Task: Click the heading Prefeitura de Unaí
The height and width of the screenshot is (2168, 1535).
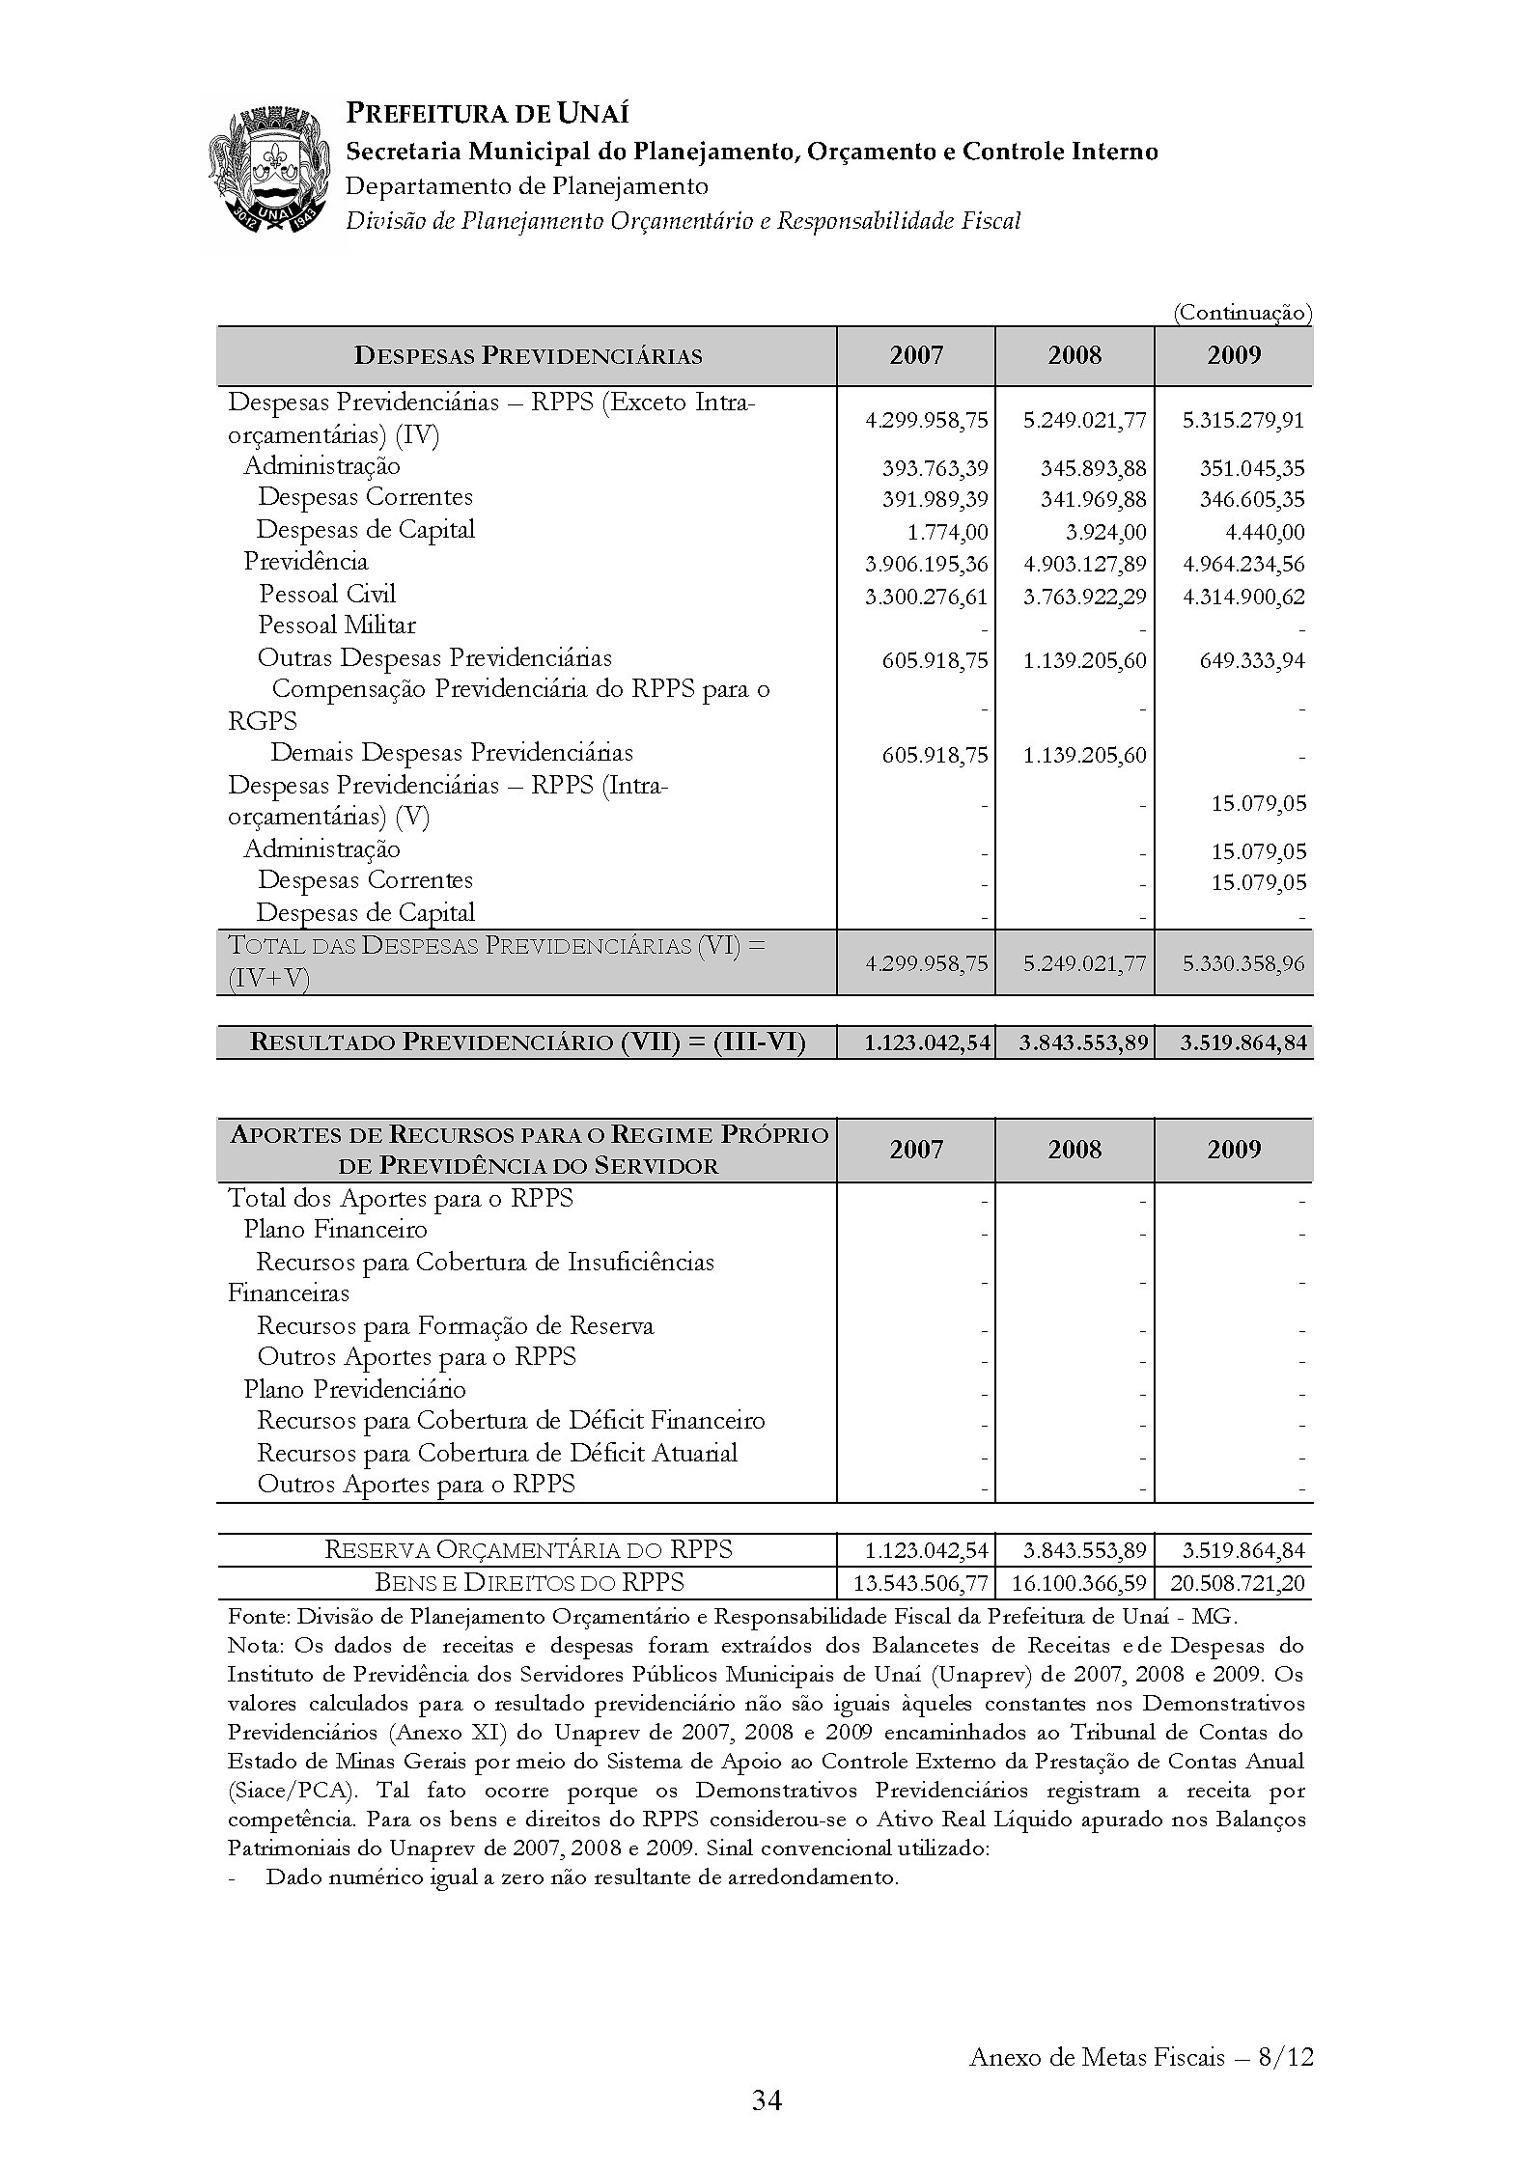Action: tap(487, 114)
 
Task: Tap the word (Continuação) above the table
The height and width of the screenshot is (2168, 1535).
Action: tap(1242, 313)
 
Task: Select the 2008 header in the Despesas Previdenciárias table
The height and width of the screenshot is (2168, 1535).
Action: tap(1074, 356)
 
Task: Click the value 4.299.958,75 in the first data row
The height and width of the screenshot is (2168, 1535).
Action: tap(926, 421)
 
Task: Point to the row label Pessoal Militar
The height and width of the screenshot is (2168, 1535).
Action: tap(337, 625)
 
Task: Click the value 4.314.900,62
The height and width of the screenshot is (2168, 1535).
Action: tap(1243, 598)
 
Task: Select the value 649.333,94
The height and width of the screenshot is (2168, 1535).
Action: tap(1251, 661)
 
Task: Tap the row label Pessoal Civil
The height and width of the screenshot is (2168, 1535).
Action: tap(327, 594)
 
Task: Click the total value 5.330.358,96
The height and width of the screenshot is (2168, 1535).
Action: tap(1243, 963)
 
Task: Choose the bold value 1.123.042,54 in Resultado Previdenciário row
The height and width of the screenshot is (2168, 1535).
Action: tap(926, 1043)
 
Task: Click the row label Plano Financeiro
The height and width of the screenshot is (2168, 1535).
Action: tap(335, 1230)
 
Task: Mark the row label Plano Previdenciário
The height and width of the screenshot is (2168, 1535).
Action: tap(354, 1390)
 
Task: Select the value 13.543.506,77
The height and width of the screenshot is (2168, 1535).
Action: tap(922, 1584)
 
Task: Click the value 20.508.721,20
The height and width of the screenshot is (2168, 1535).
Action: tap(1238, 1584)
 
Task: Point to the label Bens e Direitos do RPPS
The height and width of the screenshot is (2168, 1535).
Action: tap(529, 1583)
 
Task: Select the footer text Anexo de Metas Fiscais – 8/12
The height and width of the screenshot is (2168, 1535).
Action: tap(1141, 2057)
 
